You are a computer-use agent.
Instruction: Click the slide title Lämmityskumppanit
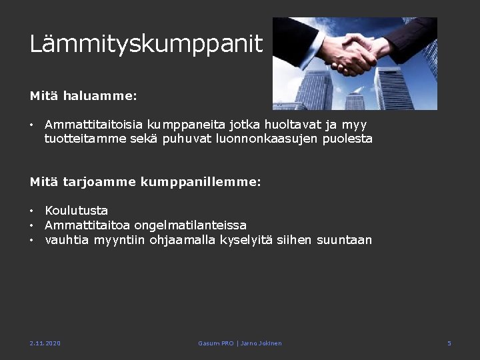pos(146,44)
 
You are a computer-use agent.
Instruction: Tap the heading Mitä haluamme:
pos(83,96)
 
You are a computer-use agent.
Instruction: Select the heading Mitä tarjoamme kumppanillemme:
pos(145,181)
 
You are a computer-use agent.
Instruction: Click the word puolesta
pos(348,139)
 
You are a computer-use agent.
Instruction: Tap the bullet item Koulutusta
pos(76,211)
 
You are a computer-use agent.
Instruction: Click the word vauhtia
pos(67,240)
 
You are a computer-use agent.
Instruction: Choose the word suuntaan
pos(345,240)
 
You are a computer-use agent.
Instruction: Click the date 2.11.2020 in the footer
pos(45,343)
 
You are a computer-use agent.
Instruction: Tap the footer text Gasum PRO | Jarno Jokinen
pos(240,343)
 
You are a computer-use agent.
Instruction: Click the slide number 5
pos(449,343)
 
